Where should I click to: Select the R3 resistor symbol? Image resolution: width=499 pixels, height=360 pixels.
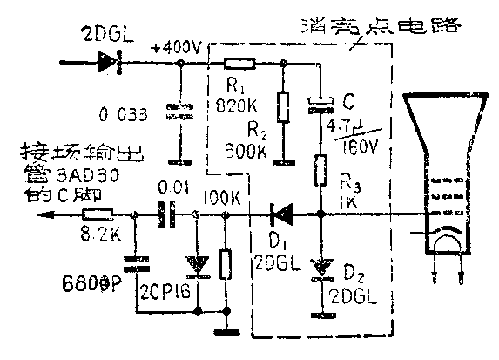coord(320,169)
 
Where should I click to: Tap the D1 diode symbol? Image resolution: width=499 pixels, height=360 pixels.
coord(282,214)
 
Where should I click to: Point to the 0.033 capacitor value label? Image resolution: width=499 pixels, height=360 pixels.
coord(127,113)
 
